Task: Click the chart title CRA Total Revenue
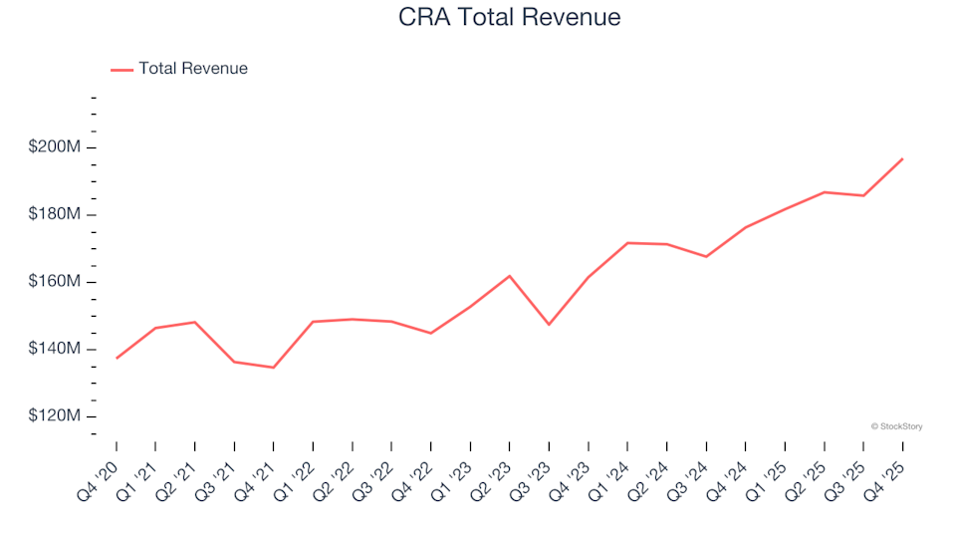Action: tap(509, 18)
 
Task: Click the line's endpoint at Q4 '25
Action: tap(902, 158)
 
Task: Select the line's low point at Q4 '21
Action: tap(273, 368)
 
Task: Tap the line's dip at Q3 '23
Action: tap(549, 325)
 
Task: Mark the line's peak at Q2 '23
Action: tap(510, 276)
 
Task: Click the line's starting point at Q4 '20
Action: tap(117, 358)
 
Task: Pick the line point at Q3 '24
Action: tap(706, 257)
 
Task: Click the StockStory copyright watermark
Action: tap(896, 426)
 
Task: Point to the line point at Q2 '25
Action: tap(824, 192)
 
